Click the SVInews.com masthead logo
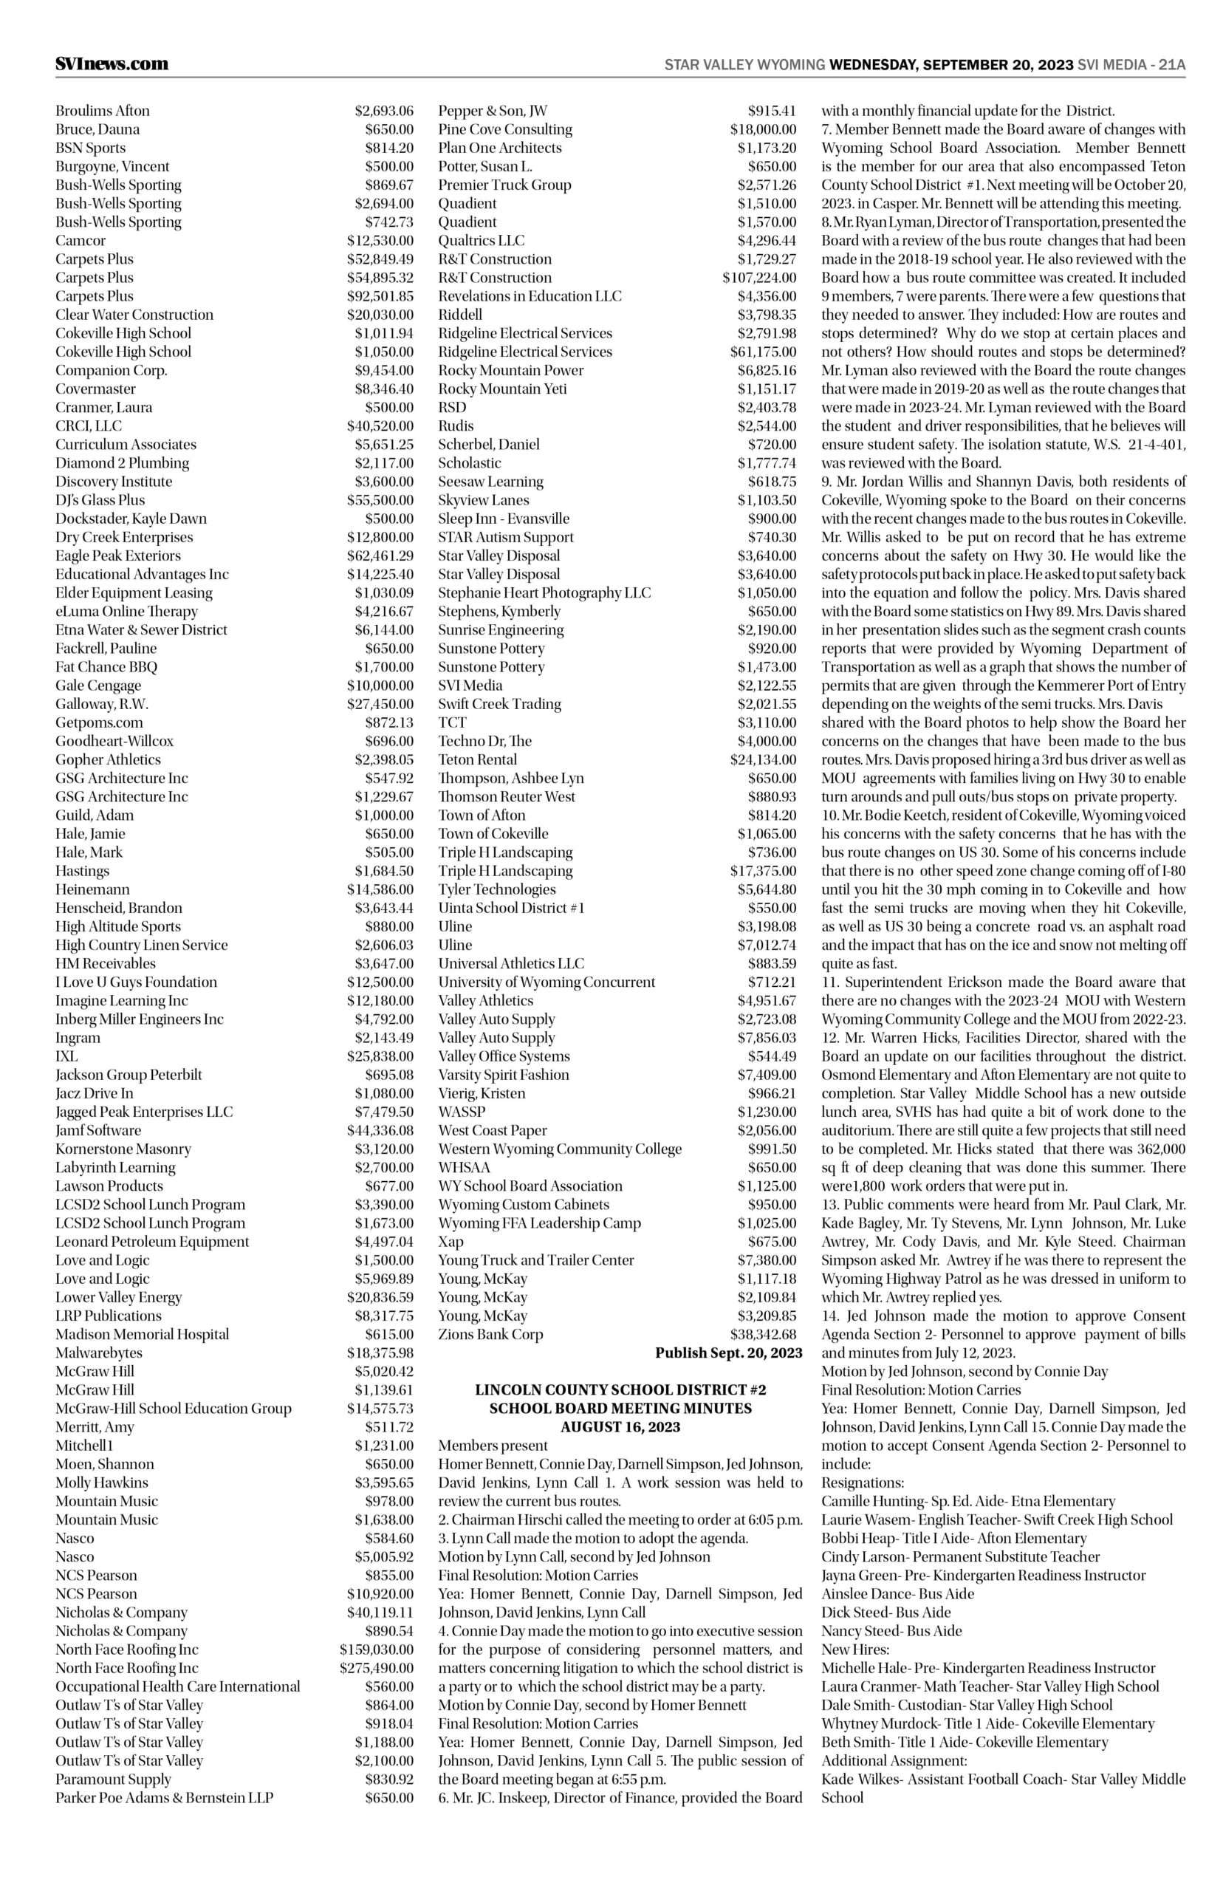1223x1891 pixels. point(112,64)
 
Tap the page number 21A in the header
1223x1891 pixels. point(1171,65)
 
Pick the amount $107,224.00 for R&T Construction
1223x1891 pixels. point(759,278)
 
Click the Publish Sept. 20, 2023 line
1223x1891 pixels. point(728,1353)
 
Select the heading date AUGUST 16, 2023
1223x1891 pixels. point(620,1427)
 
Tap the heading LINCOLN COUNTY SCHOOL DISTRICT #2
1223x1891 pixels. point(620,1391)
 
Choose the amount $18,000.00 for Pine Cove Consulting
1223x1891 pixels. point(763,129)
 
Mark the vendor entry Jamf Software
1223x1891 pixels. point(98,1131)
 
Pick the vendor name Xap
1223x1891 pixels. point(451,1242)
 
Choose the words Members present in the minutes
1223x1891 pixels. point(493,1446)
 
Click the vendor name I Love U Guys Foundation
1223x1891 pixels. point(136,982)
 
